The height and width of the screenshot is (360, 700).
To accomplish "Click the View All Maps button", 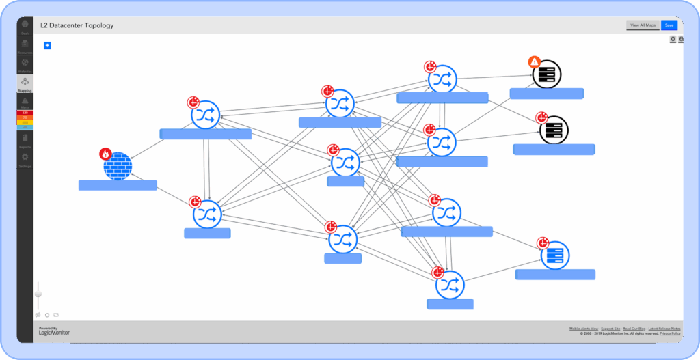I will [x=643, y=25].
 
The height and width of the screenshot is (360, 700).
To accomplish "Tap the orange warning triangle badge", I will [x=535, y=62].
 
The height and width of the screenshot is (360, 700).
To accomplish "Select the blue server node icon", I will [x=554, y=255].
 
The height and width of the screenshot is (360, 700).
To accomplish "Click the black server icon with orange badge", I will [x=547, y=74].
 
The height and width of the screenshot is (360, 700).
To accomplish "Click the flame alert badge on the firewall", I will [x=106, y=154].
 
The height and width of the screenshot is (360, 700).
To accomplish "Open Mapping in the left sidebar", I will [x=25, y=84].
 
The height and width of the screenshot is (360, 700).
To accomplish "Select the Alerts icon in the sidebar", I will [x=25, y=102].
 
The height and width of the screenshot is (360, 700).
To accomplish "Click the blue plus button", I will [x=47, y=46].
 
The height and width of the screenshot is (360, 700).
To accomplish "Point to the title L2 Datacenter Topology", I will [x=77, y=25].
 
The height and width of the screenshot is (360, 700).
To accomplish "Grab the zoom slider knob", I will [x=38, y=294].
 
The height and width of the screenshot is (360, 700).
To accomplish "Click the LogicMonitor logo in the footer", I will [x=54, y=331].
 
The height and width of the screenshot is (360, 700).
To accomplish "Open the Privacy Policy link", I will [x=670, y=333].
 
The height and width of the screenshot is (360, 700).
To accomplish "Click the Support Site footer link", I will [x=610, y=329].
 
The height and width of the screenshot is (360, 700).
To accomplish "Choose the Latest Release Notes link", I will [x=664, y=329].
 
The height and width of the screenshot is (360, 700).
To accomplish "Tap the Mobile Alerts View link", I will [x=584, y=329].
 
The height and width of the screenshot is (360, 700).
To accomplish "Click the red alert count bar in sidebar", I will [x=25, y=113].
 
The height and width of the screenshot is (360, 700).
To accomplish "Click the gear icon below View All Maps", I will [x=673, y=40].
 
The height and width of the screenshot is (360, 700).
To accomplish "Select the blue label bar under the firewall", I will [x=118, y=185].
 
